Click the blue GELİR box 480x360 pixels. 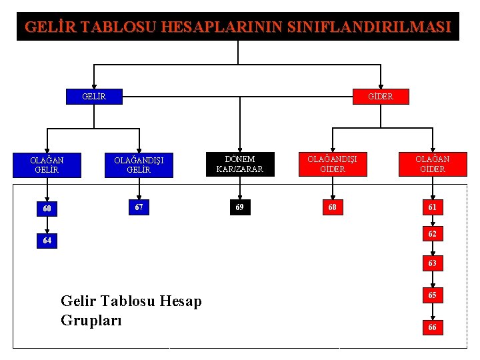coord(94,97)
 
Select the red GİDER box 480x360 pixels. coord(381,97)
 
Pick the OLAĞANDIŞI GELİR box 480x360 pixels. coord(139,165)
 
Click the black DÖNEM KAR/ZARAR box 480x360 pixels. coord(239,164)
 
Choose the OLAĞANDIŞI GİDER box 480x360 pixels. coord(332,164)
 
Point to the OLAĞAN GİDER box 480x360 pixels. coord(432,164)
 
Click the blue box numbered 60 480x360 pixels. coord(46,209)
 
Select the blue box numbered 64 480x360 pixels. coord(46,240)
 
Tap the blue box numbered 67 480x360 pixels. coord(139,207)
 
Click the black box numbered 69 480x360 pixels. coord(239,207)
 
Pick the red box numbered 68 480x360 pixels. coord(332,207)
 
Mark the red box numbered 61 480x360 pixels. coord(432,207)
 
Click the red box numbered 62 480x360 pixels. coord(432,235)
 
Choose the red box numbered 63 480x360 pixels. coord(432,264)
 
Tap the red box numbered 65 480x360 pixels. coord(432,295)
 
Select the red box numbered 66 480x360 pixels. coord(432,327)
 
